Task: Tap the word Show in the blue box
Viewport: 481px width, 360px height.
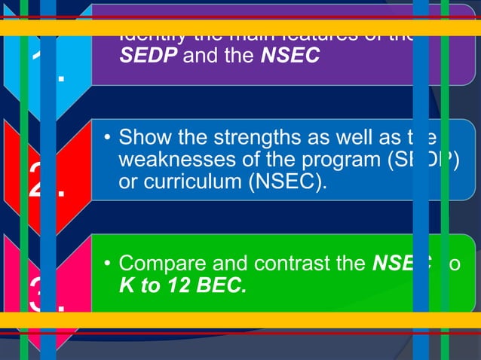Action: tap(142, 138)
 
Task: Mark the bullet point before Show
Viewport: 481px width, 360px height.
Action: tap(109, 139)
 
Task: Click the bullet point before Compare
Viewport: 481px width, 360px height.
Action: tap(109, 264)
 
